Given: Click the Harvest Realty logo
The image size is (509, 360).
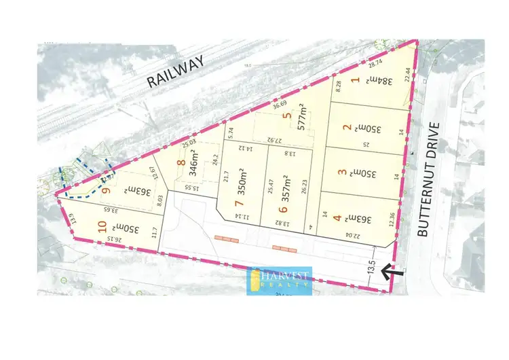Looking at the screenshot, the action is tap(280, 281).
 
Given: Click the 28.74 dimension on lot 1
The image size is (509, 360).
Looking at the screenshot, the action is tap(375, 62).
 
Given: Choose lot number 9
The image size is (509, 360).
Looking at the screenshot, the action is tap(106, 191).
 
